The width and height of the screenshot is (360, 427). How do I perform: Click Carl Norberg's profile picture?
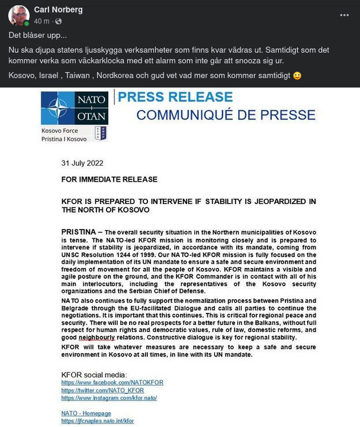[19, 16]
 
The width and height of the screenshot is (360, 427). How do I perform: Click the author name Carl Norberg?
[58, 9]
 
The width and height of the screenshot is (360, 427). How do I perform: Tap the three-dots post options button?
[344, 15]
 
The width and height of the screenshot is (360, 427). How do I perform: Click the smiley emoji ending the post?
[297, 76]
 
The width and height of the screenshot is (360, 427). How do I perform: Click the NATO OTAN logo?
[74, 108]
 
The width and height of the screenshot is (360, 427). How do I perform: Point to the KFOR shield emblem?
[101, 133]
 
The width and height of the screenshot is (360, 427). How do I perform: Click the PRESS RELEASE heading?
[175, 97]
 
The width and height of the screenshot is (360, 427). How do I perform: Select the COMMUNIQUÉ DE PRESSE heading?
[226, 115]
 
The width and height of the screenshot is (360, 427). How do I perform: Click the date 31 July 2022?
[82, 163]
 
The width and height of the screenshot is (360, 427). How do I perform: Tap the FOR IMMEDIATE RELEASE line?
[110, 179]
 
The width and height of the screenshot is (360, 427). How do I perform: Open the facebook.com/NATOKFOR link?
[112, 383]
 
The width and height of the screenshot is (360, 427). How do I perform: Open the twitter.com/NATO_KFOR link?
[102, 390]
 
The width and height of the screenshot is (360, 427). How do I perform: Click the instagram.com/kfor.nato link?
[109, 398]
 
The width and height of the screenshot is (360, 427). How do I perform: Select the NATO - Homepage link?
[86, 413]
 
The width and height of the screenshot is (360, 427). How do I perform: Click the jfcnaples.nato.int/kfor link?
[98, 421]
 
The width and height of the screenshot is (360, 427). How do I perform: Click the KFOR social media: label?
[94, 374]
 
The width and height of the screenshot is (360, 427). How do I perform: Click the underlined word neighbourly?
[97, 337]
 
